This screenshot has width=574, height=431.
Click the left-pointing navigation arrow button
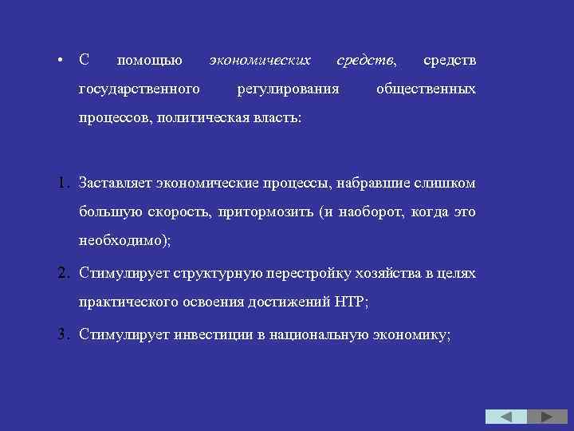point(506,417)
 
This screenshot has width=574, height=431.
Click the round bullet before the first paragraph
point(61,61)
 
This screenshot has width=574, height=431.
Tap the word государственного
point(139,89)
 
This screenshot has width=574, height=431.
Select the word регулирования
point(287,89)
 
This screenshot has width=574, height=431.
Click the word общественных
point(426,89)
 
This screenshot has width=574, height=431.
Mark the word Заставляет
point(115,184)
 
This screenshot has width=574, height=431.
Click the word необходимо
point(120,242)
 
